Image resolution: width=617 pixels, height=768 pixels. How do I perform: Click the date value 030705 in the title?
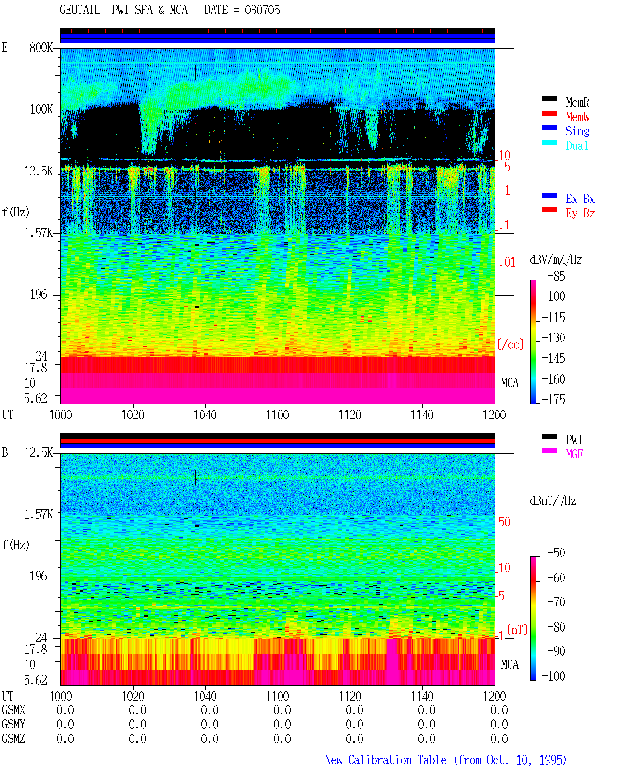click(x=262, y=10)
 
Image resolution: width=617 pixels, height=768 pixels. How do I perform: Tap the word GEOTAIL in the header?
click(x=80, y=10)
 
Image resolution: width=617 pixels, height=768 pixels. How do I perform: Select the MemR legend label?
click(x=577, y=102)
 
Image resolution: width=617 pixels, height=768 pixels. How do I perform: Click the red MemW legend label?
click(x=577, y=117)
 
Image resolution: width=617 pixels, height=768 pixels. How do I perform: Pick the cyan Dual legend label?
click(x=577, y=146)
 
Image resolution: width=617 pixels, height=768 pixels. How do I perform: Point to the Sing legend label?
click(x=577, y=131)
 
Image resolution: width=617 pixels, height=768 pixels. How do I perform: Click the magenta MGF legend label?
click(x=574, y=454)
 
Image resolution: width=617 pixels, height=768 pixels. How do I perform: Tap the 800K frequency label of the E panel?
click(x=41, y=47)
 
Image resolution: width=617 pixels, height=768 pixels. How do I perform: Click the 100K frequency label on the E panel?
click(x=41, y=109)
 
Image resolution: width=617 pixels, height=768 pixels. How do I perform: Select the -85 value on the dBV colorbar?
click(x=556, y=276)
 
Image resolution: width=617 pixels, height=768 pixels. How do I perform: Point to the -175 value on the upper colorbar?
click(x=553, y=399)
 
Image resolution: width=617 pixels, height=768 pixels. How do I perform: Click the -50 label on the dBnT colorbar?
click(x=556, y=553)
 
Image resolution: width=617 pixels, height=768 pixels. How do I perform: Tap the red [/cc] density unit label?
click(x=510, y=344)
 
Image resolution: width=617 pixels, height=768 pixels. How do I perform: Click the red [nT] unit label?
click(x=517, y=630)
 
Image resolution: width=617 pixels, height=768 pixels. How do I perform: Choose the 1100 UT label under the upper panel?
click(x=277, y=415)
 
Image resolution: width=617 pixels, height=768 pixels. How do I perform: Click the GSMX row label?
click(x=13, y=710)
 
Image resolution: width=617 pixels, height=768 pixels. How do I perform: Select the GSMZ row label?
click(x=13, y=739)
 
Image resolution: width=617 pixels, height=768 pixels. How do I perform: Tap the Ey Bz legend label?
click(x=580, y=214)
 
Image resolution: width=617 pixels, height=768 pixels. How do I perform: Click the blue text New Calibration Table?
click(x=386, y=760)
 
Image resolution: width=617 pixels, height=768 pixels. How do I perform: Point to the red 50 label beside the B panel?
click(x=504, y=522)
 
